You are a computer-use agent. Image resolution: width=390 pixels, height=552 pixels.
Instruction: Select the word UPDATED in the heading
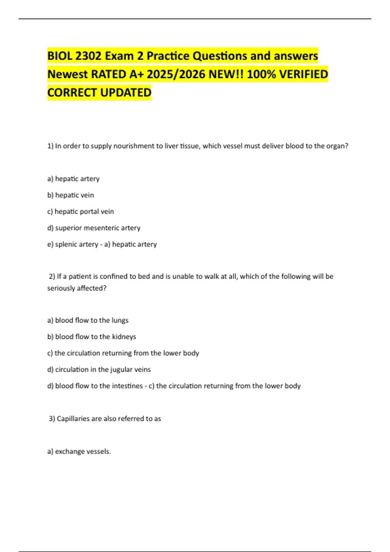pyautogui.click(x=125, y=93)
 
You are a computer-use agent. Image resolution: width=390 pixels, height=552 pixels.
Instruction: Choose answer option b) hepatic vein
pyautogui.click(x=71, y=195)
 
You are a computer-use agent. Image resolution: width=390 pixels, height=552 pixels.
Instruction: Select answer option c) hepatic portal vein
pyautogui.click(x=81, y=211)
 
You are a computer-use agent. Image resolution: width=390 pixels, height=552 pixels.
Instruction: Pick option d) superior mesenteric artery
pyautogui.click(x=94, y=228)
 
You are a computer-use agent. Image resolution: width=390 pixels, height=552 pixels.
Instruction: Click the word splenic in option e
pyautogui.click(x=67, y=244)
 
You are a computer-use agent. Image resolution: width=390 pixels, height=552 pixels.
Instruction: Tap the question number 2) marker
pyautogui.click(x=52, y=276)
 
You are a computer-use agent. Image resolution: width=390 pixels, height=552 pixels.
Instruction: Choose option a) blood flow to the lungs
pyautogui.click(x=88, y=320)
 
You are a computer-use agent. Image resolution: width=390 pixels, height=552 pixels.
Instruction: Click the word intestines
pyautogui.click(x=127, y=386)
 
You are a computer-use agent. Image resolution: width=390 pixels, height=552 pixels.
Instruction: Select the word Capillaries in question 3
pyautogui.click(x=73, y=419)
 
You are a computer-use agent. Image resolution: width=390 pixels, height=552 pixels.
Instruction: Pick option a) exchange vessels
pyautogui.click(x=79, y=451)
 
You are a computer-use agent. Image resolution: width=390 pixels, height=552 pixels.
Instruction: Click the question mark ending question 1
pyautogui.click(x=347, y=146)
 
